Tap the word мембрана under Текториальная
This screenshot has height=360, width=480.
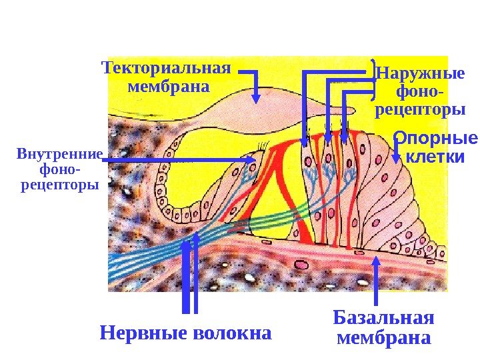click(x=167, y=87)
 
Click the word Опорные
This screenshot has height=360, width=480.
click(x=435, y=139)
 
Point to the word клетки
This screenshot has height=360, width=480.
click(x=435, y=157)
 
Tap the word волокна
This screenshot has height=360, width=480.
click(x=231, y=331)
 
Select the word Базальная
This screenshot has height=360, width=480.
click(x=383, y=316)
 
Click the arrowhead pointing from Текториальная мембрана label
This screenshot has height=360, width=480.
click(x=256, y=97)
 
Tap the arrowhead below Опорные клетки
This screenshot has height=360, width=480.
click(x=397, y=159)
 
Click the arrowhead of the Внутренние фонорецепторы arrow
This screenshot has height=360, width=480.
click(x=251, y=160)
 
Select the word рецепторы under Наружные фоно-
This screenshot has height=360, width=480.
click(x=420, y=109)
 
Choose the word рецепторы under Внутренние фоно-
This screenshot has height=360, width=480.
click(x=59, y=183)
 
